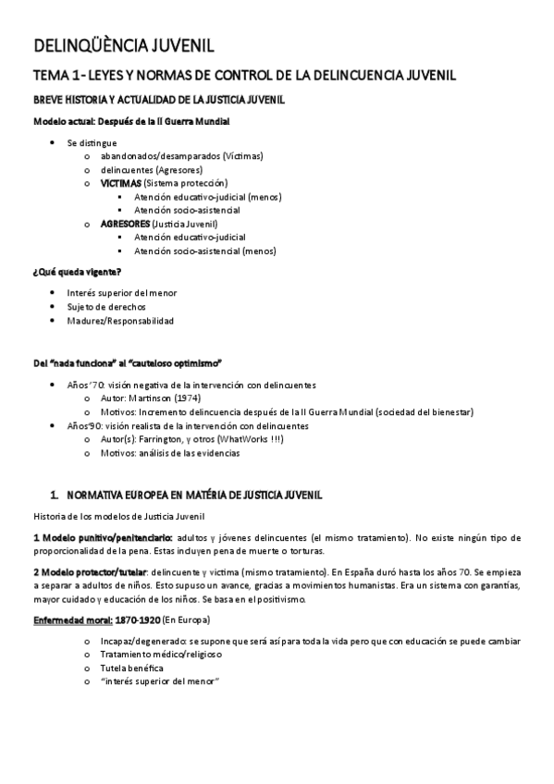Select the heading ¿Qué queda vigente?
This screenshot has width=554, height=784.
[x=77, y=271]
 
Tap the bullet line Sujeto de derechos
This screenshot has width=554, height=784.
[x=106, y=307]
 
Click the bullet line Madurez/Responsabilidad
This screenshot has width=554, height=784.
[x=120, y=321]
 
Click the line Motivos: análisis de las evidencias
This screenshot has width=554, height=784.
[x=170, y=454]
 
